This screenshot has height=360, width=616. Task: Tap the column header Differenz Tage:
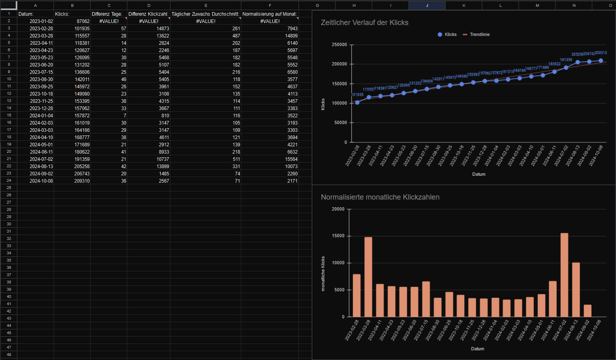(107, 14)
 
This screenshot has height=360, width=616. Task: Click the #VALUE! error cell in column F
(270, 21)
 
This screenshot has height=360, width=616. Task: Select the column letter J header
(427, 5)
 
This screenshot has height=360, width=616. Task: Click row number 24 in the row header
(9, 181)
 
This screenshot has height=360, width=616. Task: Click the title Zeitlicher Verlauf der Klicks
(365, 23)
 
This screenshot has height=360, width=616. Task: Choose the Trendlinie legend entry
(479, 35)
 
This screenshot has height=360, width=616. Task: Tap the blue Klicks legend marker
(440, 35)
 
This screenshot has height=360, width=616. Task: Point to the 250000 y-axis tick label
(339, 45)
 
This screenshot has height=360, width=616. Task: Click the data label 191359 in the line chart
(566, 60)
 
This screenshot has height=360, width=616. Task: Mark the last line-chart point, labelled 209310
(601, 61)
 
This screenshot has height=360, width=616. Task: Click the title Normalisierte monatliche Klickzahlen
(380, 197)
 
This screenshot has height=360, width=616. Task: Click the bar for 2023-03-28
(368, 277)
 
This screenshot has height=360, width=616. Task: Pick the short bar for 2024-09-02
(588, 311)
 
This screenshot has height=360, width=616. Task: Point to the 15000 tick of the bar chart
(338, 236)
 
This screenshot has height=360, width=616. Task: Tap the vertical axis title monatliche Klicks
(323, 274)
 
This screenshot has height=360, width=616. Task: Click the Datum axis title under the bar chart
(477, 349)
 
